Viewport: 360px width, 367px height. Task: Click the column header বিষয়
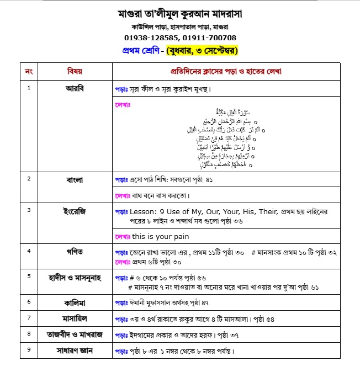click(x=75, y=72)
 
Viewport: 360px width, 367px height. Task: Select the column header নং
click(x=29, y=72)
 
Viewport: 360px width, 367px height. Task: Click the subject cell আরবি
click(x=75, y=88)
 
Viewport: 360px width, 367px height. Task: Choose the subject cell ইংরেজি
click(x=75, y=211)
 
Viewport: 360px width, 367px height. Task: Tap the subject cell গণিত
click(x=75, y=251)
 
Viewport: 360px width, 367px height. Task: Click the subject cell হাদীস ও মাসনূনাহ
click(x=75, y=276)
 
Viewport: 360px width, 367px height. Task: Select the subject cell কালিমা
click(x=75, y=303)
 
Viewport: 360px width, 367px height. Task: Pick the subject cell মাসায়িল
click(x=75, y=319)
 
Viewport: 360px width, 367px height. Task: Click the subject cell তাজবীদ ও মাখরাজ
click(x=75, y=334)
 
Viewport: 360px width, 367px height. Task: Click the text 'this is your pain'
click(x=160, y=236)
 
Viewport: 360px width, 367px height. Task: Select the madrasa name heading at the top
click(x=180, y=13)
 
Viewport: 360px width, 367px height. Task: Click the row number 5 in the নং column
click(x=29, y=274)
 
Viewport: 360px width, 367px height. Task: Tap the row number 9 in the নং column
click(x=29, y=349)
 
